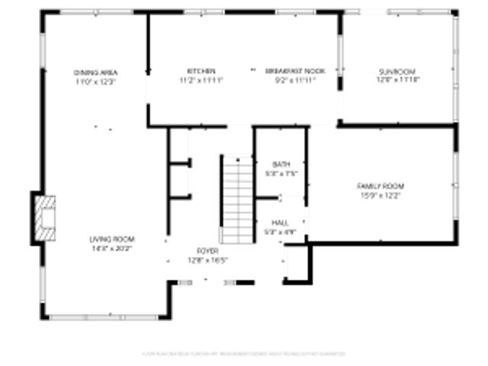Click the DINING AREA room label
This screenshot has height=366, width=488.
(95, 72)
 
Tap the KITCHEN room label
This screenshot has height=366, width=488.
(201, 71)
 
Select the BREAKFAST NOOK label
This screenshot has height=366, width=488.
(295, 71)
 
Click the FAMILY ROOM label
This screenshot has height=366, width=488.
(380, 186)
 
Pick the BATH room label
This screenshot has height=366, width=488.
(281, 165)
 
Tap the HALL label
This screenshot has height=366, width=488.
(280, 223)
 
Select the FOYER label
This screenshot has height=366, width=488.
(207, 251)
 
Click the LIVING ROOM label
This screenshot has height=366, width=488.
(111, 239)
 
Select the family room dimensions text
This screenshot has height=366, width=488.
(380, 195)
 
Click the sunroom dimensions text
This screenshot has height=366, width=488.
(398, 79)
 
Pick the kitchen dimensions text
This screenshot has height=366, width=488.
(201, 79)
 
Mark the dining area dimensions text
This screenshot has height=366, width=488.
(95, 81)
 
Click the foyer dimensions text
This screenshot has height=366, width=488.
(207, 259)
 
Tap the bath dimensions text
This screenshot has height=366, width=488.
(281, 173)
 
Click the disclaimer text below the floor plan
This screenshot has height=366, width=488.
(244, 354)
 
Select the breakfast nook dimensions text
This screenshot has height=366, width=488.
(295, 79)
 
